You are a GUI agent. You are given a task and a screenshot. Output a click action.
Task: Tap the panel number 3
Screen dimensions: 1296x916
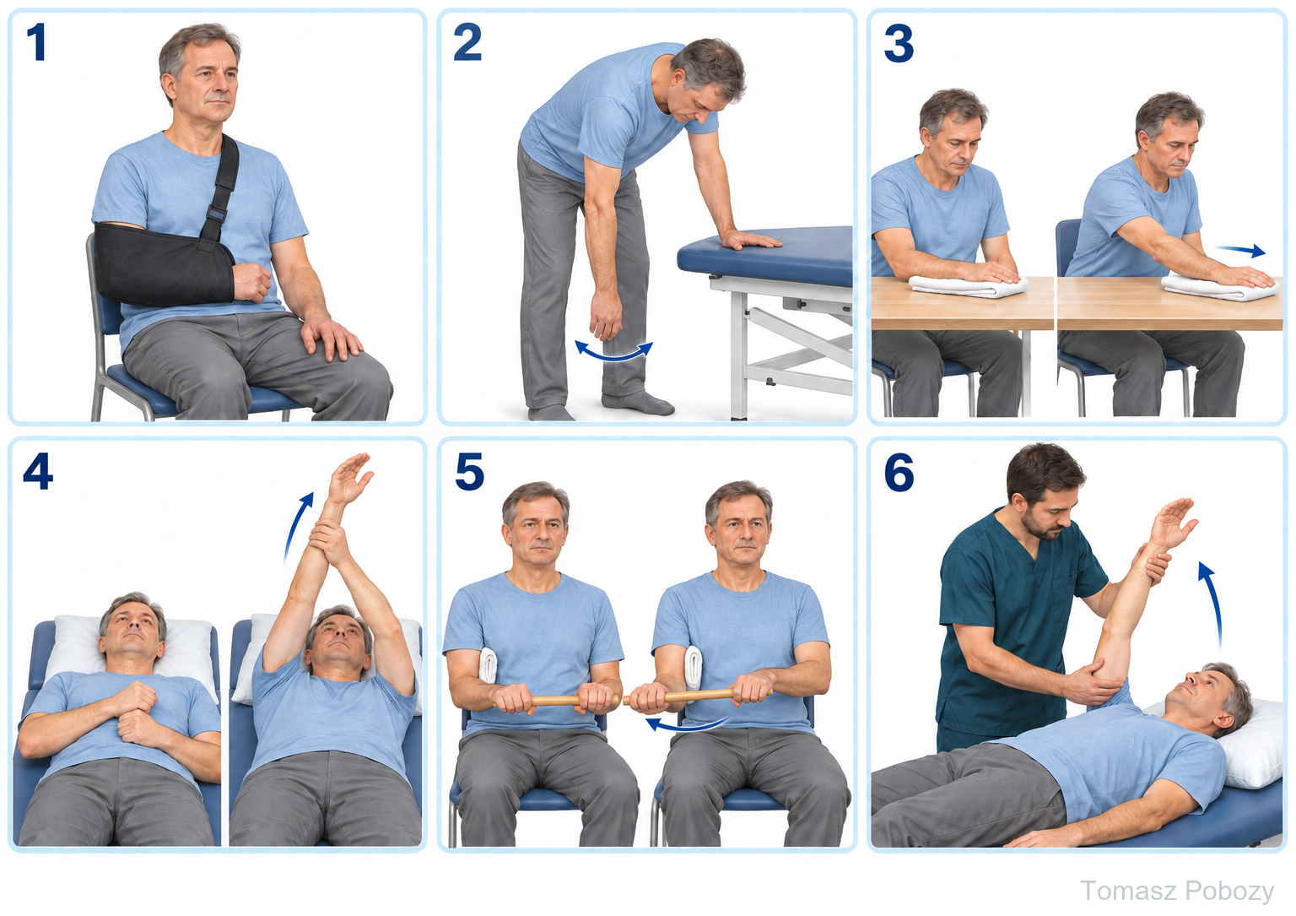point(899,43)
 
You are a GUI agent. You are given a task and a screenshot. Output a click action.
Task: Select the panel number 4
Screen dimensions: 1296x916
point(38,471)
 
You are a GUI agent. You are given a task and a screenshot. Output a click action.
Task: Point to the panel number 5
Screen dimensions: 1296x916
point(469,471)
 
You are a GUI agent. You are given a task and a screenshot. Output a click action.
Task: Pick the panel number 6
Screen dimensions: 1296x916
point(899,473)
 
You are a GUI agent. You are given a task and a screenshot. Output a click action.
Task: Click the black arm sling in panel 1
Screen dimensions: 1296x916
point(164,264)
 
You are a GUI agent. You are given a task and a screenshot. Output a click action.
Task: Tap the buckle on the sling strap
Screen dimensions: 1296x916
point(216,214)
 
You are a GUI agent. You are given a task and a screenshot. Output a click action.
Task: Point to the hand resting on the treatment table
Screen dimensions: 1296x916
point(749,239)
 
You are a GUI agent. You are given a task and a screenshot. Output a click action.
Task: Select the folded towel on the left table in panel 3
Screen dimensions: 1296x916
point(968,286)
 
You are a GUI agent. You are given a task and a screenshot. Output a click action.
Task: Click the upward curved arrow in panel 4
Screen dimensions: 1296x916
point(297,526)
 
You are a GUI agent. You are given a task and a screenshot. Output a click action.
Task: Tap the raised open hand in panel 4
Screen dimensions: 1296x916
point(348,479)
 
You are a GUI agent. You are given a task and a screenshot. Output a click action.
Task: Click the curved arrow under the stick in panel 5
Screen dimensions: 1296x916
point(686,724)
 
